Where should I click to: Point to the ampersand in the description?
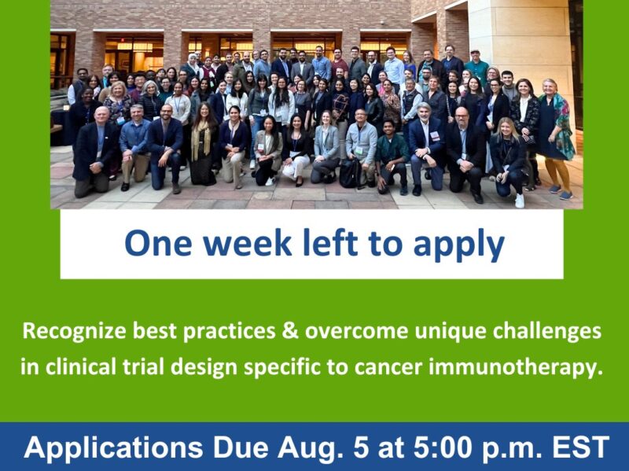290,331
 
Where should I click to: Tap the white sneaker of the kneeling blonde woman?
519,200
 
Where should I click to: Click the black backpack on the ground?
349,174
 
